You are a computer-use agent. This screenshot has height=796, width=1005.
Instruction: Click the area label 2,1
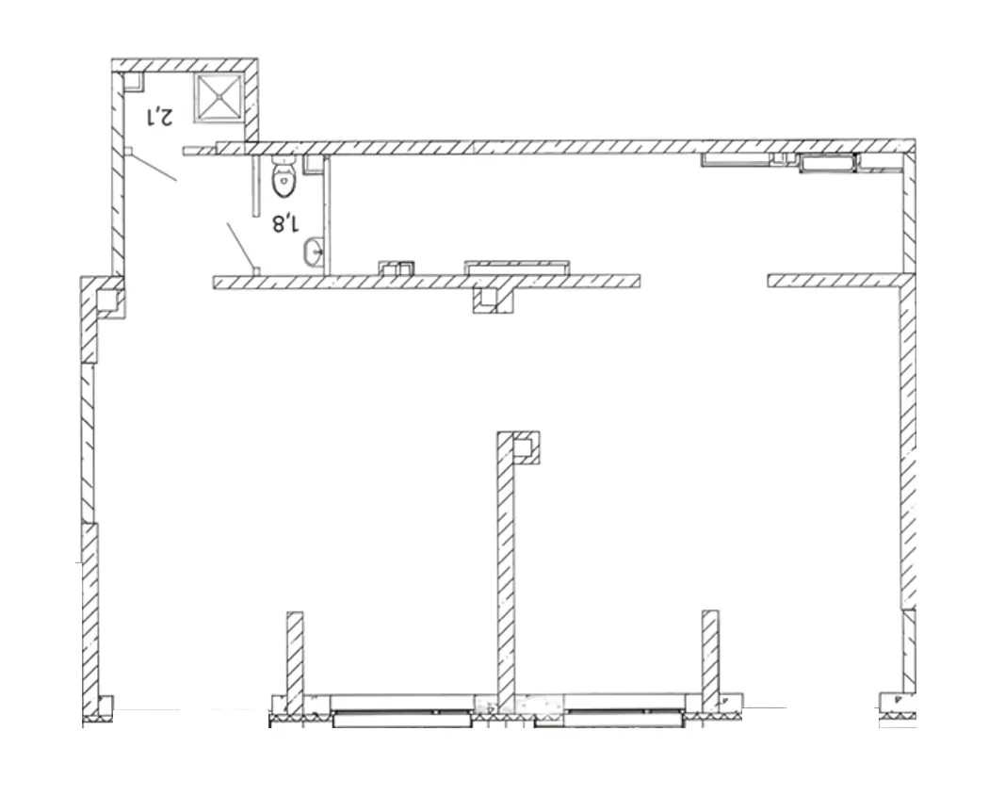pos(160,118)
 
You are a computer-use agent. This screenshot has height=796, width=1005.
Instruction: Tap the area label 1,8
pos(285,223)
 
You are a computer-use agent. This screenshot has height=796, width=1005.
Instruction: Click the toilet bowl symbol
pos(284,177)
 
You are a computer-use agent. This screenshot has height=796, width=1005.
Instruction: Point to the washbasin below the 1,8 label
pos(314,251)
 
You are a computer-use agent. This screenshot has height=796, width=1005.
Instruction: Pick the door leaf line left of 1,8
pos(241,246)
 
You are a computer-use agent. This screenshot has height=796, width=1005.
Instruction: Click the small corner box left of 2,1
pos(134,80)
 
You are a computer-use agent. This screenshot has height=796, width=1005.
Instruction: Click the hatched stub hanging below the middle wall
pos(494,300)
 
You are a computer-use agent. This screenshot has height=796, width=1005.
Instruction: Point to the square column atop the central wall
pos(526,448)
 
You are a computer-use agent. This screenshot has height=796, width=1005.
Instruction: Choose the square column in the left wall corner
pos(109,302)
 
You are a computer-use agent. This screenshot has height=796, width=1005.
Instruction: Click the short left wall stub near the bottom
pos(295,661)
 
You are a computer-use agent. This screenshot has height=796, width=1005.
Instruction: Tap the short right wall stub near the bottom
pos(709,660)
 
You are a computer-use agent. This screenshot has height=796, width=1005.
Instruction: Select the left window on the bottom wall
pos(402,710)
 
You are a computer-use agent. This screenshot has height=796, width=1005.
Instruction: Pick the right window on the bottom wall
pos(608,710)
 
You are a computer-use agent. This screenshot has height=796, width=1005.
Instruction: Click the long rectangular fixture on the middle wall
pos(516,268)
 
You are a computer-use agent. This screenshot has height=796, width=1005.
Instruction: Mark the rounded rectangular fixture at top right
pos(828,163)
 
